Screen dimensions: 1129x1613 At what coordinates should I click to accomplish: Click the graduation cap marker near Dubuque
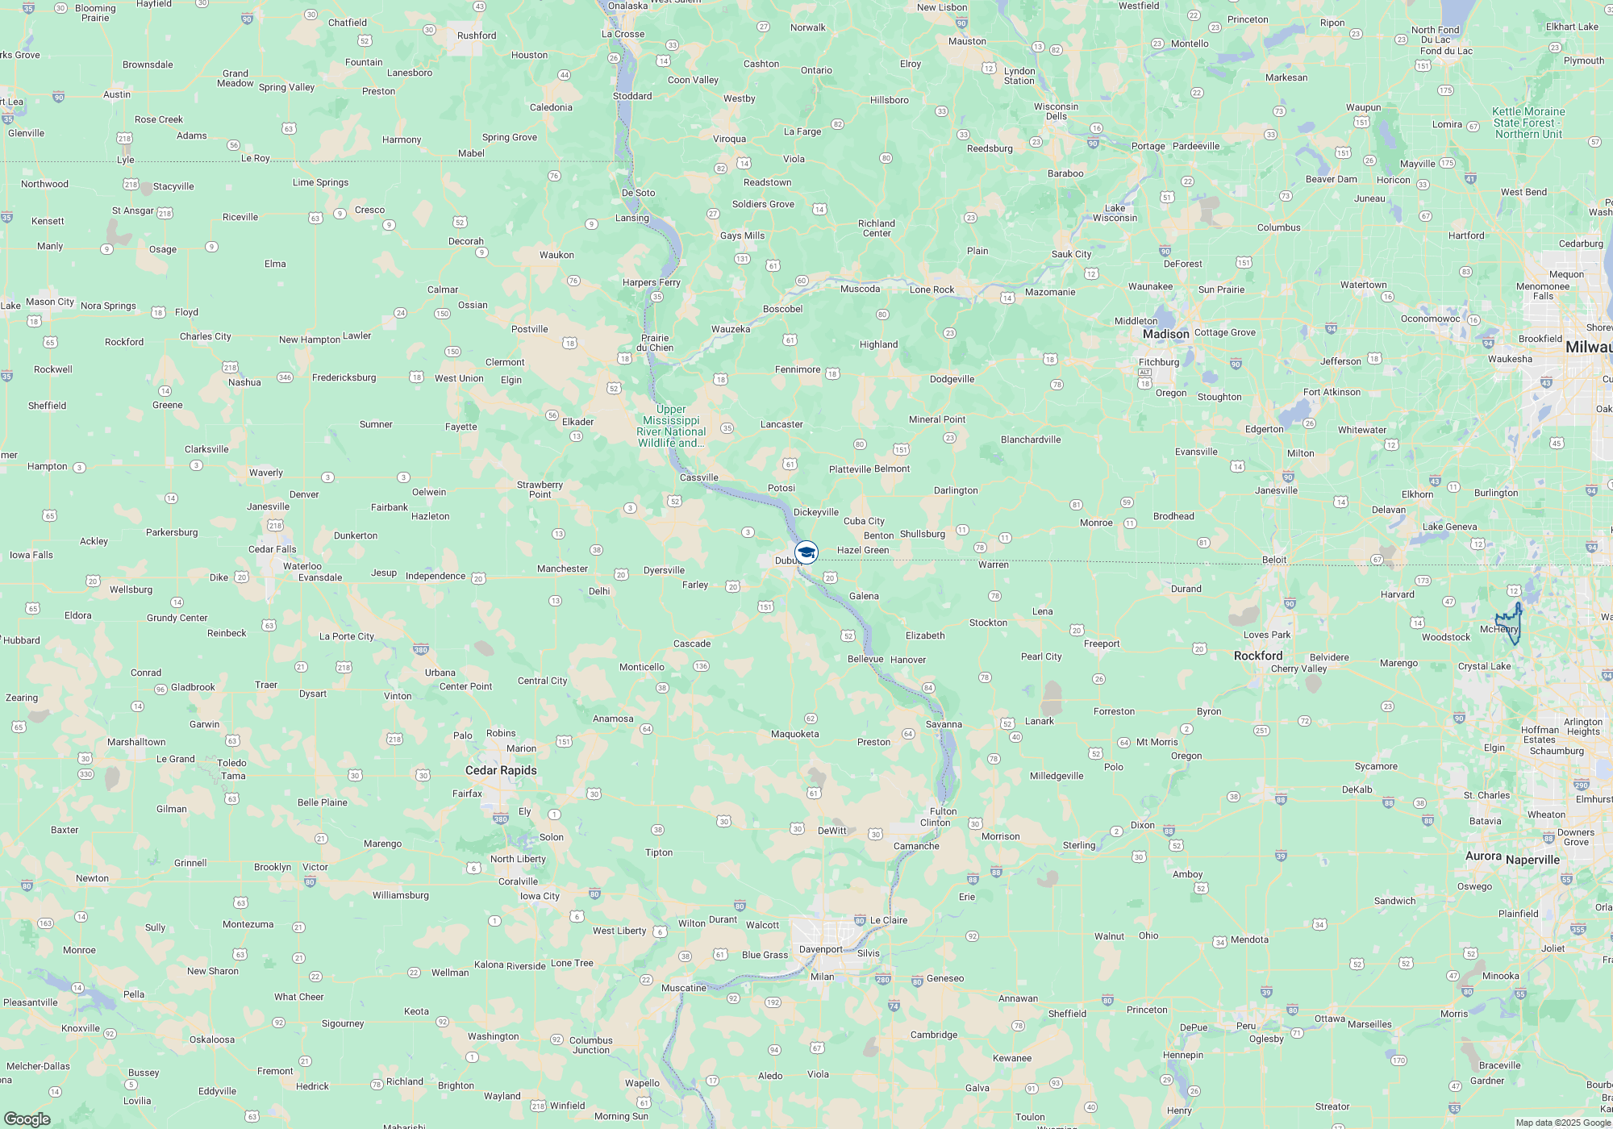[x=806, y=552]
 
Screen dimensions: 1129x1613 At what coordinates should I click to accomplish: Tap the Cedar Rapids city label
[x=501, y=770]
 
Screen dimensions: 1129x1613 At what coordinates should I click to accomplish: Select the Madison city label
[x=1165, y=334]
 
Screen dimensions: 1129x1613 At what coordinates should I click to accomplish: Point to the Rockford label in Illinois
[x=1257, y=656]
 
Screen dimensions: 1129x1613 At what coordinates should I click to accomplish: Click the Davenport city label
[x=820, y=949]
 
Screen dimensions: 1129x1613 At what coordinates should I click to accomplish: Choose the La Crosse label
[x=623, y=34]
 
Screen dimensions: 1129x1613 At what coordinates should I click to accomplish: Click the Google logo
[x=27, y=1119]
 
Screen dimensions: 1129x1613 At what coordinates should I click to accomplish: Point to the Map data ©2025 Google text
[x=1562, y=1123]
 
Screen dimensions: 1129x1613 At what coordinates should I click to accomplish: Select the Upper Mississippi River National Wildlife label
[x=671, y=426]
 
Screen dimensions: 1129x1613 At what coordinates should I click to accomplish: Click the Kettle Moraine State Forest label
[x=1528, y=123]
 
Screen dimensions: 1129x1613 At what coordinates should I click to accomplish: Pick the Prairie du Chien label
[x=655, y=343]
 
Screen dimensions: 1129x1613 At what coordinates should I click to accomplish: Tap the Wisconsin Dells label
[x=1056, y=111]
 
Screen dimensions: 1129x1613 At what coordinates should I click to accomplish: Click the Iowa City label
[x=540, y=896]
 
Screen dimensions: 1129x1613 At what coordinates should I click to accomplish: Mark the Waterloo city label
[x=302, y=566]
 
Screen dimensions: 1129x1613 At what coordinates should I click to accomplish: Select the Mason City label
[x=50, y=302]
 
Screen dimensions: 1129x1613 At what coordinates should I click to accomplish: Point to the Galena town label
[x=864, y=596]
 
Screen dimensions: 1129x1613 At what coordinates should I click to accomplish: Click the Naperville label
[x=1532, y=860]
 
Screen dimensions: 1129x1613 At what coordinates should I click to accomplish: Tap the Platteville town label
[x=850, y=469]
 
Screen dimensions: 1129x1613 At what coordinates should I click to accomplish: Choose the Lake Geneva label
[x=1449, y=527]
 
